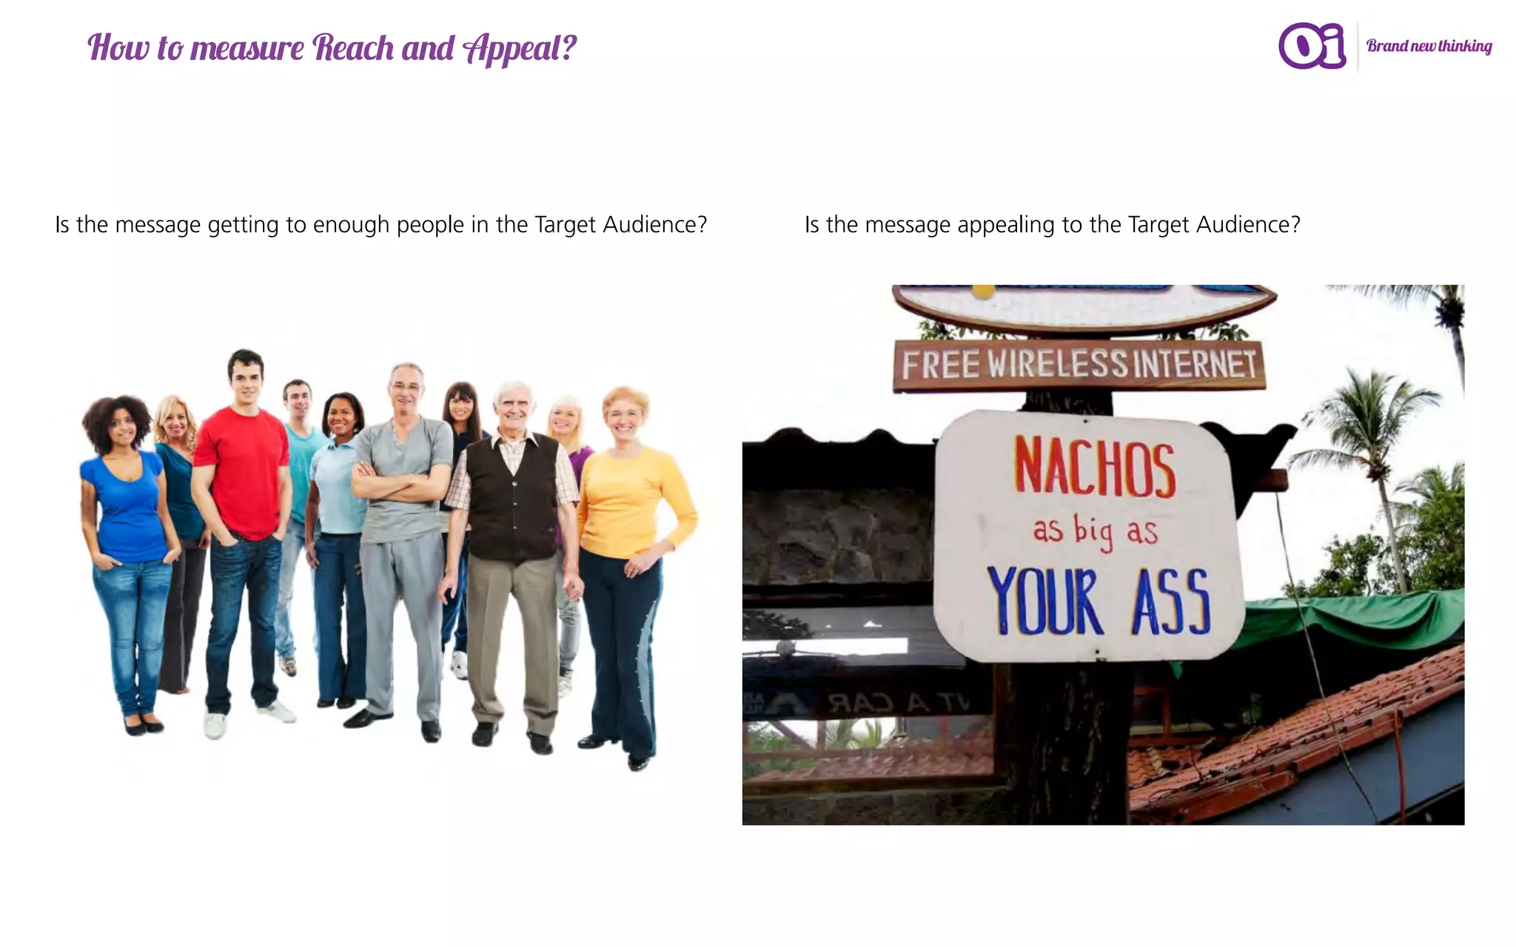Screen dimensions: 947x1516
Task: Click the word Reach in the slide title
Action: tap(353, 48)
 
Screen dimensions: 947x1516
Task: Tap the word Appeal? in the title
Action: tap(519, 49)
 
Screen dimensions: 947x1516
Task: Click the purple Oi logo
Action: tap(1312, 46)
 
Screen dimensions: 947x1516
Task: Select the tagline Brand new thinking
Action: tap(1429, 46)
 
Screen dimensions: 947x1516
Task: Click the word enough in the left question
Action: tap(351, 225)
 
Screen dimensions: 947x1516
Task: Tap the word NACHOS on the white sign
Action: tap(1094, 467)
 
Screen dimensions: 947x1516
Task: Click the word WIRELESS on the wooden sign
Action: tap(1058, 364)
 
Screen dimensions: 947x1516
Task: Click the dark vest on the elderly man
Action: tap(513, 503)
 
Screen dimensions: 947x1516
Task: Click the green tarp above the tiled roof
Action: tap(1347, 618)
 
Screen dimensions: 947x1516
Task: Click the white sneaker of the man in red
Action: tap(215, 725)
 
